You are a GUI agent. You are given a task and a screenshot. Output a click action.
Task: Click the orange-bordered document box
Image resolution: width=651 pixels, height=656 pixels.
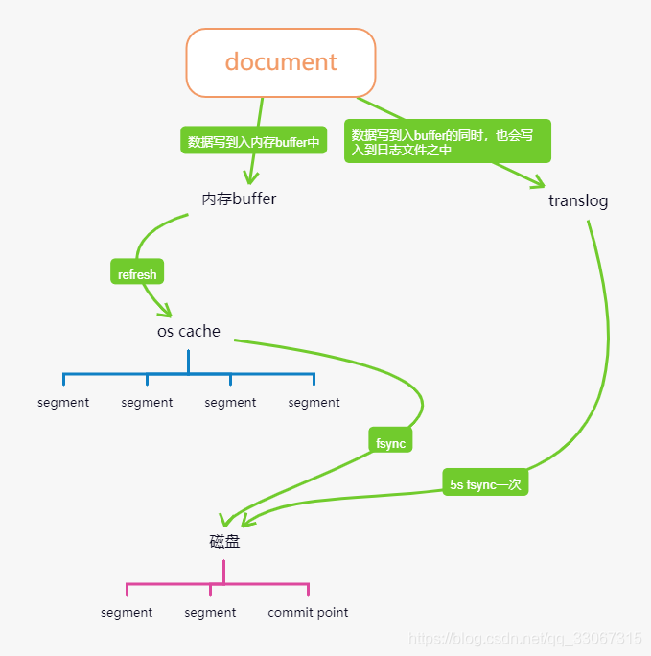pyautogui.click(x=281, y=62)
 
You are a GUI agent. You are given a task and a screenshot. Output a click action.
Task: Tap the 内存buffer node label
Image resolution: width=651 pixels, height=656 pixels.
pyautogui.click(x=239, y=199)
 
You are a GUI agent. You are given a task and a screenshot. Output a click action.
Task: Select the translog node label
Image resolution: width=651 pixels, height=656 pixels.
pyautogui.click(x=578, y=200)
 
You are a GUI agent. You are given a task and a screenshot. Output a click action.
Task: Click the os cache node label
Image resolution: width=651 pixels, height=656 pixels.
pyautogui.click(x=189, y=331)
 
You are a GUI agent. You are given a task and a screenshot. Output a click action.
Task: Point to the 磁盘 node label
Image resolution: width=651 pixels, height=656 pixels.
pyautogui.click(x=224, y=541)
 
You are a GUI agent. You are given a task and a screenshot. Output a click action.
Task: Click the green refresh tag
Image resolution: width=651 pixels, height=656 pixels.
pyautogui.click(x=137, y=274)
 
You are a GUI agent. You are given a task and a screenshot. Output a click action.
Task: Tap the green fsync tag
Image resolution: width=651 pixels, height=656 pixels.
pyautogui.click(x=390, y=443)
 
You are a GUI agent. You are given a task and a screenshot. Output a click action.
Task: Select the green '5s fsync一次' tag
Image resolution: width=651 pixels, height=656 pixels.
pyautogui.click(x=485, y=484)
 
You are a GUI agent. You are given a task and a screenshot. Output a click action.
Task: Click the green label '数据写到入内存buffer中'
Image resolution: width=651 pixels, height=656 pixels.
pyautogui.click(x=253, y=142)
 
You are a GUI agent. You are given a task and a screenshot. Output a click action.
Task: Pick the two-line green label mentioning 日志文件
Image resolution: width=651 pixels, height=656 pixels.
pyautogui.click(x=447, y=142)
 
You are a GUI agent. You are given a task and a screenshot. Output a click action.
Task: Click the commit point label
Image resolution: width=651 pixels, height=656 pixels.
pyautogui.click(x=308, y=612)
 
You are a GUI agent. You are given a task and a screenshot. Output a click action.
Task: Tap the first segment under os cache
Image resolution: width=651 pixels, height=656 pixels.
pyautogui.click(x=63, y=402)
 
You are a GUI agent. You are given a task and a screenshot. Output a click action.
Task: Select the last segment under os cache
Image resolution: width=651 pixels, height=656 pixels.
pyautogui.click(x=314, y=402)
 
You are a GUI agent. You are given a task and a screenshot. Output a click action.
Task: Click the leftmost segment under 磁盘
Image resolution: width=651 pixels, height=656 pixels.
pyautogui.click(x=127, y=612)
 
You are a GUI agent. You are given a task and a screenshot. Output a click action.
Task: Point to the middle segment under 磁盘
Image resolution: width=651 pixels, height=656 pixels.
pyautogui.click(x=210, y=612)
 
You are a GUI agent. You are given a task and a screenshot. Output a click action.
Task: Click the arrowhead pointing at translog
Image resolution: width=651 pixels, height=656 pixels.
pyautogui.click(x=538, y=182)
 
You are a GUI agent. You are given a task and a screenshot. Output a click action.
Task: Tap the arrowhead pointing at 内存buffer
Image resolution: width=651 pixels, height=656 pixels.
pyautogui.click(x=251, y=178)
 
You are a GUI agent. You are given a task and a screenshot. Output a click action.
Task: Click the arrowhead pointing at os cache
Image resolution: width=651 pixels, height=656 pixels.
pyautogui.click(x=165, y=312)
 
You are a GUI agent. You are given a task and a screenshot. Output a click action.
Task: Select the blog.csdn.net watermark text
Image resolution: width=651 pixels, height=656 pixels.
pyautogui.click(x=525, y=638)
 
